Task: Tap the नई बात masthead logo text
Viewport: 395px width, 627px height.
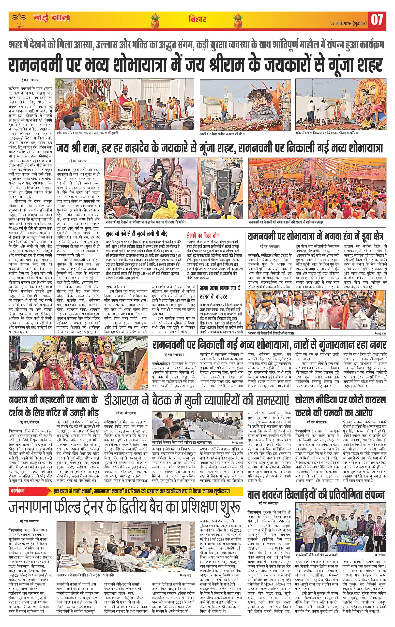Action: click(51, 18)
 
